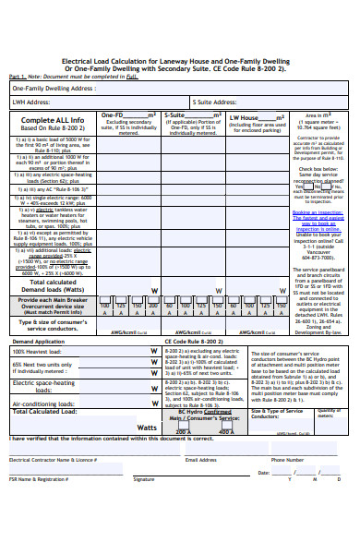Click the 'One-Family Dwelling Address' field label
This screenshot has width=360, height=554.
[54, 88]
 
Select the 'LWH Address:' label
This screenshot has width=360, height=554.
[30, 102]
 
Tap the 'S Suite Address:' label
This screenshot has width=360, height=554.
[215, 102]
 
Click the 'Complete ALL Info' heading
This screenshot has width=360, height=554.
[53, 120]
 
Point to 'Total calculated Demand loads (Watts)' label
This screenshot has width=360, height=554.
[53, 285]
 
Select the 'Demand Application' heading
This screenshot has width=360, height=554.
[38, 341]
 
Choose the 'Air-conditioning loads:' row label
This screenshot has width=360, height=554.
[42, 403]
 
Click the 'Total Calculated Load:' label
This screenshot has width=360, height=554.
[44, 412]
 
